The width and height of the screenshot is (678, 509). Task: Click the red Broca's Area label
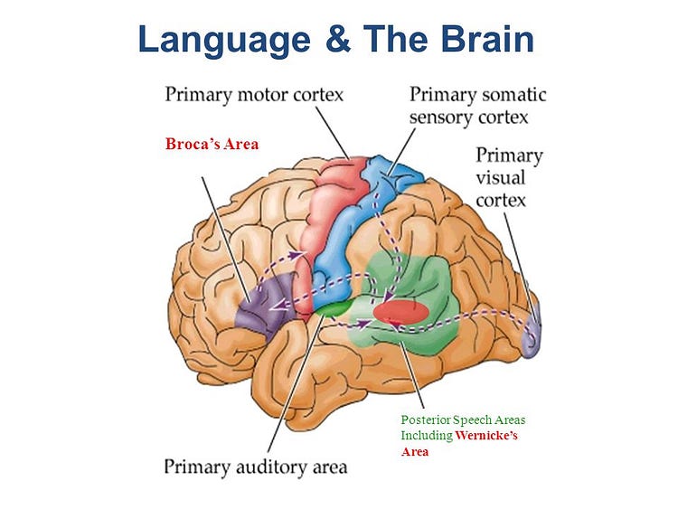[212, 144]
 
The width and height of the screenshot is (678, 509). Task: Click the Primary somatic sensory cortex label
[477, 105]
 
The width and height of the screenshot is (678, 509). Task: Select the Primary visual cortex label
[509, 176]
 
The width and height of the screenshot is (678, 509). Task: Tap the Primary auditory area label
[255, 467]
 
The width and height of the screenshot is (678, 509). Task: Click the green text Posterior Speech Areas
[463, 420]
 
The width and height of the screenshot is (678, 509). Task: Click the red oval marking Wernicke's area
[400, 312]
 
